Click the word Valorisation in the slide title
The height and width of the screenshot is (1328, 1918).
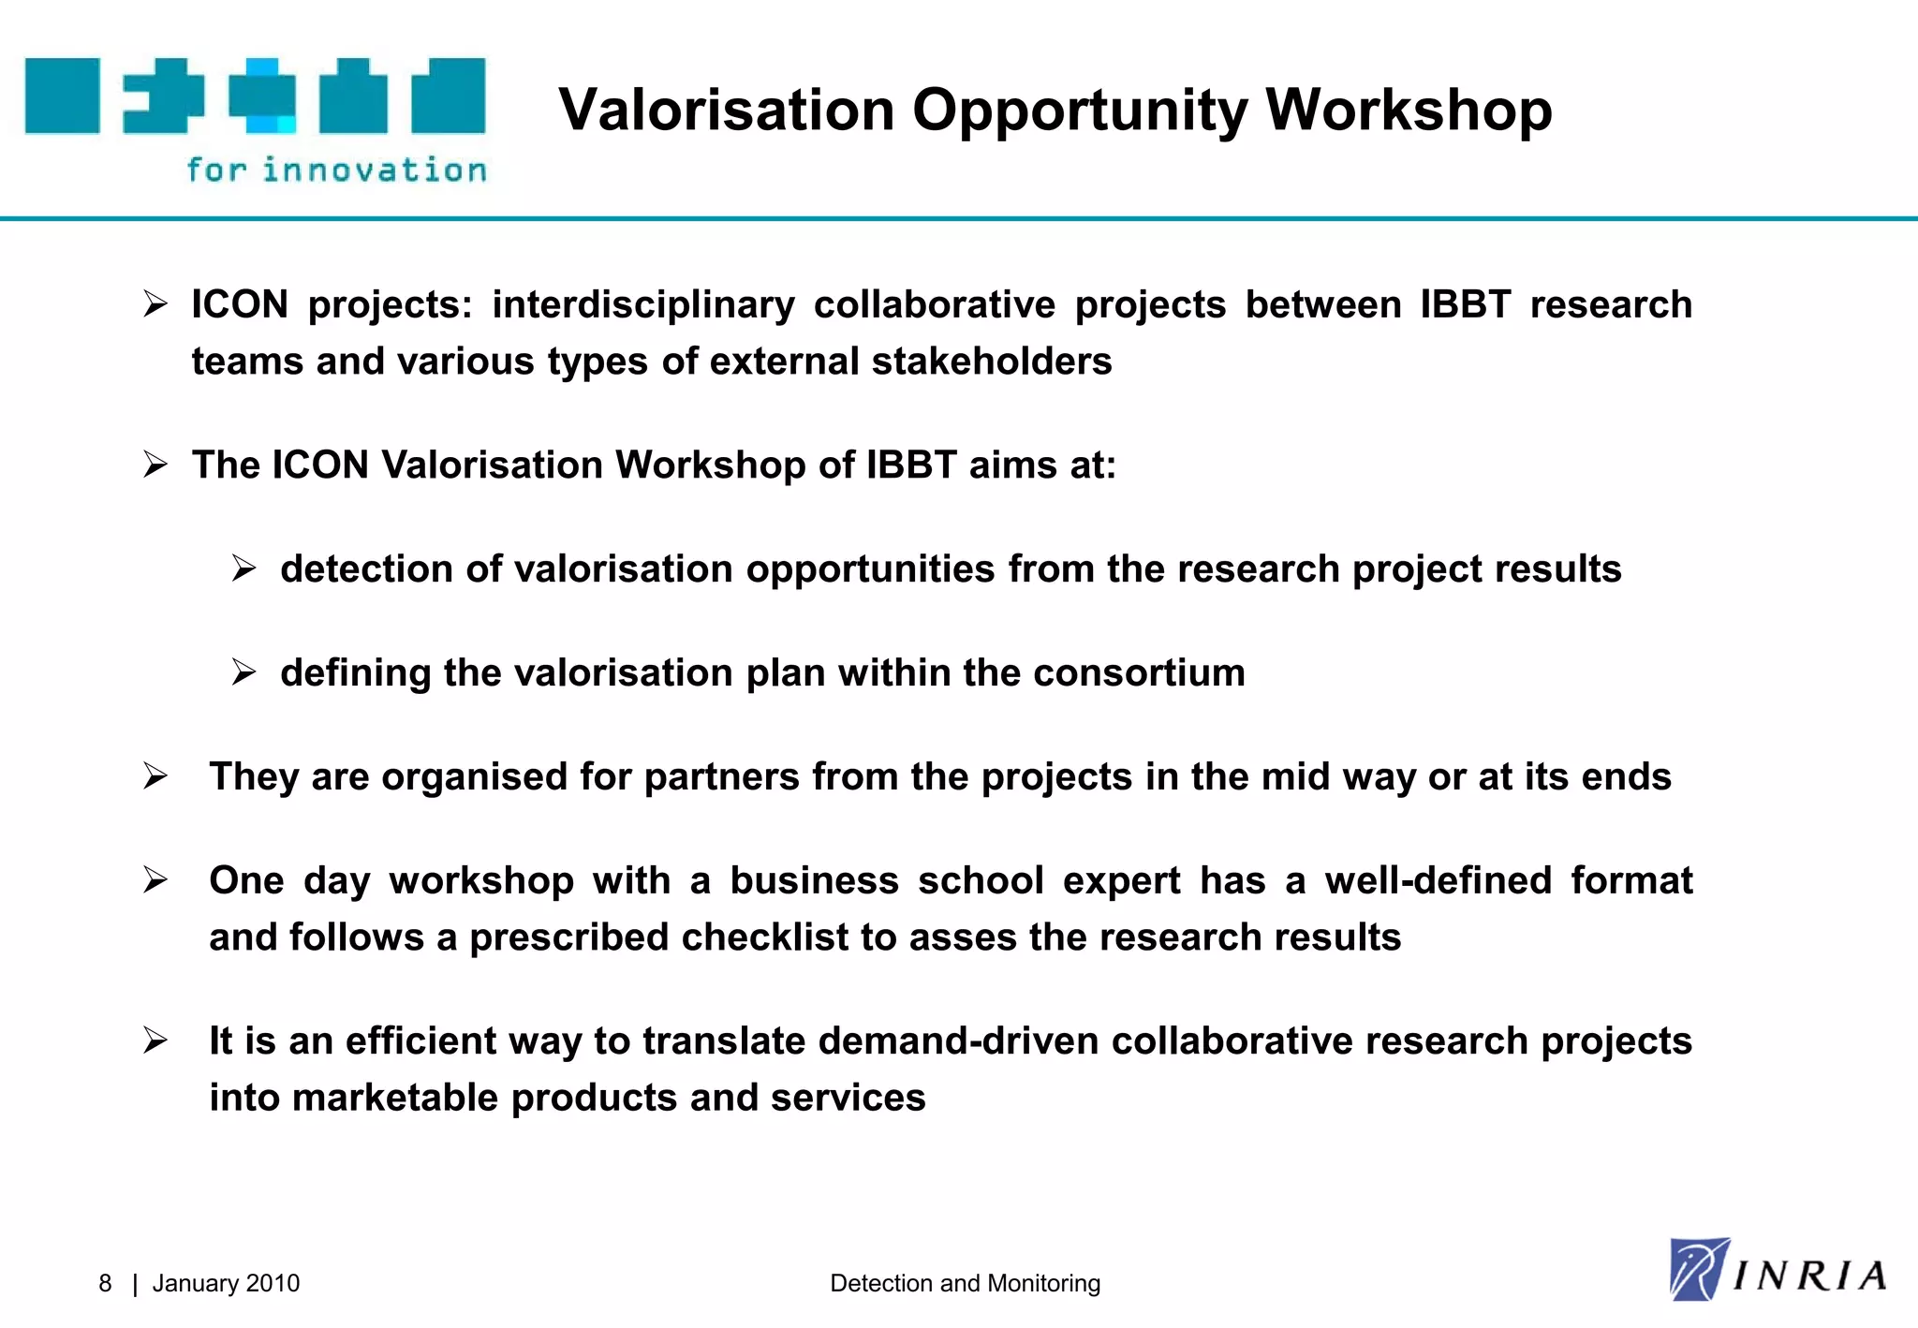pos(726,110)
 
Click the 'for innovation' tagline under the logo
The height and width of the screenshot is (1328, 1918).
pos(336,170)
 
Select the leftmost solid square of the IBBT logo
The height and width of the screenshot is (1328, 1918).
pos(62,96)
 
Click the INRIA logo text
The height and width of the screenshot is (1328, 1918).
pos(1808,1276)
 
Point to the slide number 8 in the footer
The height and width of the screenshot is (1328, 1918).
pos(105,1283)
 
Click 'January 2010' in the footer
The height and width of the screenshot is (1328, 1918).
pos(226,1283)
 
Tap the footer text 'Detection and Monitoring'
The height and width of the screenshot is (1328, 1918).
pos(965,1283)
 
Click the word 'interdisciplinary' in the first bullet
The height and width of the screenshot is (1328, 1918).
pos(642,304)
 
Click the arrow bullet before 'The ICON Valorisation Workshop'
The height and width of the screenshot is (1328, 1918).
pos(155,465)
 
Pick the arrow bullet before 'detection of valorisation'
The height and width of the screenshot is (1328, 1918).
pos(243,568)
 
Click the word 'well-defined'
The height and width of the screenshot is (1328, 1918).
pos(1438,880)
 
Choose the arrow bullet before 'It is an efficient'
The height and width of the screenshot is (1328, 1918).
pos(155,1040)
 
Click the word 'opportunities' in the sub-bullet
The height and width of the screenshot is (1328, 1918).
pos(870,568)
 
